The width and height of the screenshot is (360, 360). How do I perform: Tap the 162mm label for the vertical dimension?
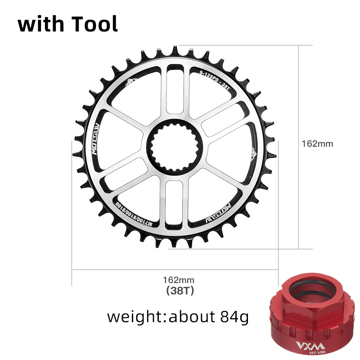[317, 144]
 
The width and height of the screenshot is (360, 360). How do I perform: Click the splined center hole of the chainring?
[175, 147]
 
